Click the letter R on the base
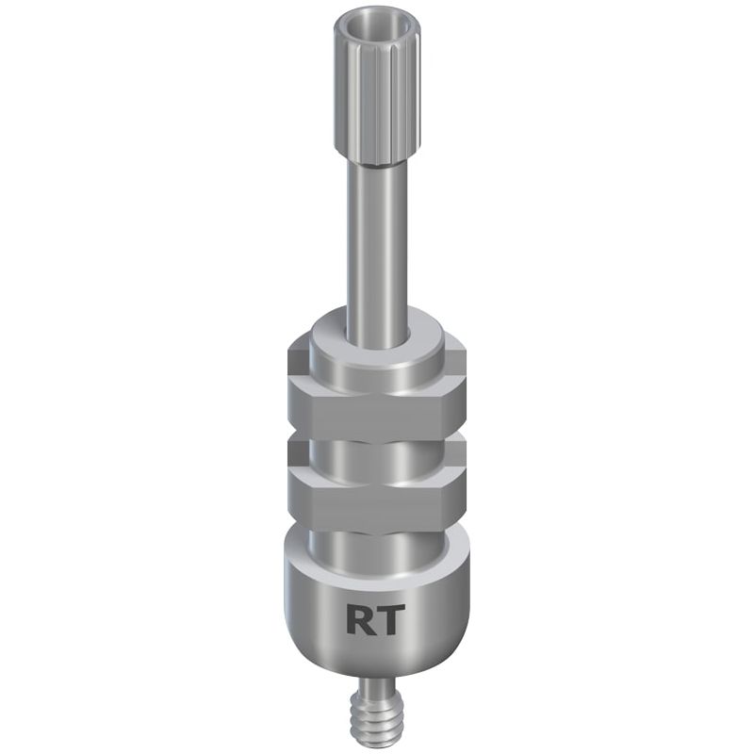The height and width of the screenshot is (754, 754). [x=360, y=619]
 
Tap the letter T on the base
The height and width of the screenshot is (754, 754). [x=387, y=619]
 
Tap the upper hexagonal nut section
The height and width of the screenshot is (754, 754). [x=377, y=409]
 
